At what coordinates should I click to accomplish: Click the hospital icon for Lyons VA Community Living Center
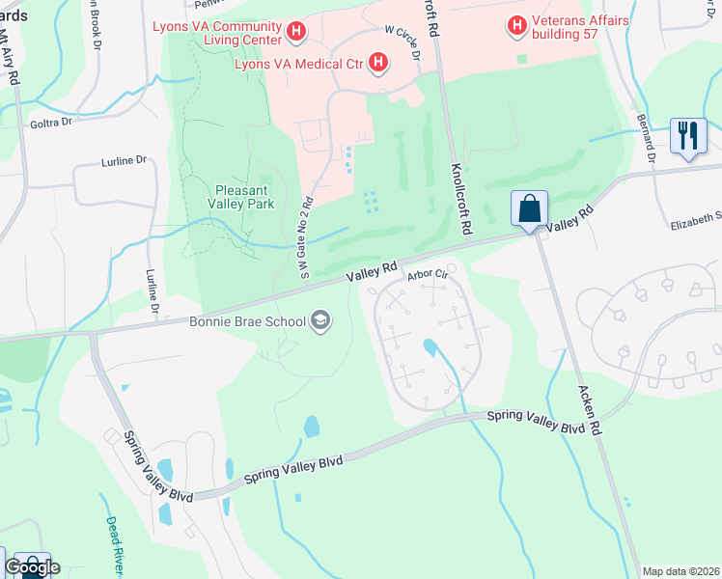click(x=296, y=33)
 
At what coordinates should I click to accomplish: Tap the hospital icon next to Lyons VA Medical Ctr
click(x=378, y=65)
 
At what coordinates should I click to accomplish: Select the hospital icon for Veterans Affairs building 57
click(x=517, y=23)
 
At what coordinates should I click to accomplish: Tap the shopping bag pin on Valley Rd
click(x=530, y=207)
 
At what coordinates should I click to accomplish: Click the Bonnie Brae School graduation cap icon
click(x=320, y=321)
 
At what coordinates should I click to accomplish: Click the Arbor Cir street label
click(x=429, y=275)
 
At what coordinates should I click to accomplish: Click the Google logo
click(x=32, y=567)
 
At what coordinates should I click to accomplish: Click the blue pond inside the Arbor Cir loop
click(x=430, y=346)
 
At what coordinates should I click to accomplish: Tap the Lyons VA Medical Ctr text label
click(x=297, y=65)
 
